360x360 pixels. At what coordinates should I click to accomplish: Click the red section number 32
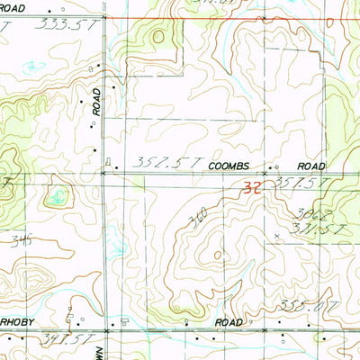pyautogui.click(x=253, y=189)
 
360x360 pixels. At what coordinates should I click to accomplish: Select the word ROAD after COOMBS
pyautogui.click(x=310, y=167)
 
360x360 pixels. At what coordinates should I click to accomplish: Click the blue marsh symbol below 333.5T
pyautogui.click(x=33, y=67)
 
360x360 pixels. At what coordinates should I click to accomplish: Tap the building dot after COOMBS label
pyautogui.click(x=276, y=167)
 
